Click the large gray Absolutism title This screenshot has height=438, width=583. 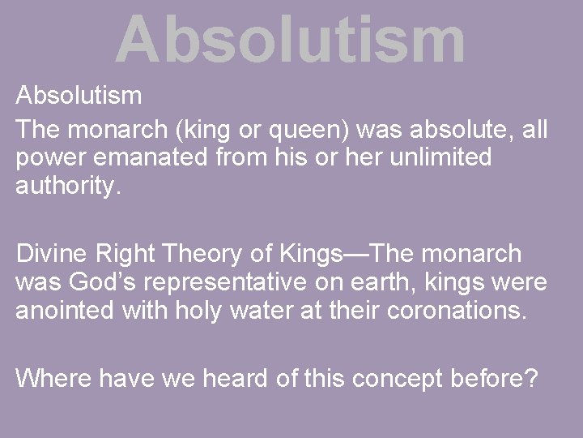[290, 39]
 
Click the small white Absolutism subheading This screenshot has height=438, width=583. [79, 97]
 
